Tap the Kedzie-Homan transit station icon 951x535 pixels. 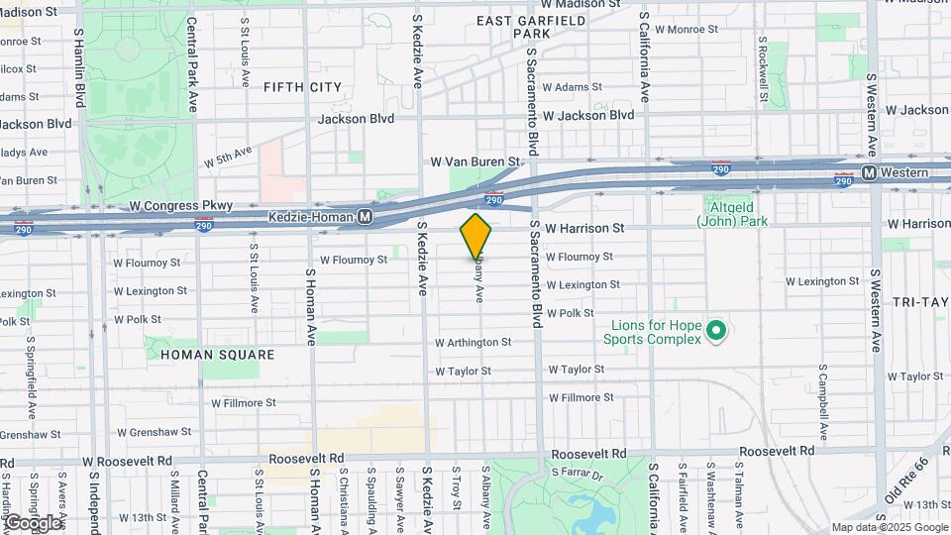coord(366,216)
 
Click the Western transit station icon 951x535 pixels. coord(869,173)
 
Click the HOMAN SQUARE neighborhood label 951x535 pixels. coord(203,354)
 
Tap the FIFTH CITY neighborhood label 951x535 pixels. coord(302,87)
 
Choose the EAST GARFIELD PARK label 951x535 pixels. coord(531,27)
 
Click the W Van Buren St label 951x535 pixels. coord(475,160)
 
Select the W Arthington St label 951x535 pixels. coord(473,343)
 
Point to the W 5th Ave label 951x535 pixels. coord(229,156)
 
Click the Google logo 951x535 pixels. coord(32,522)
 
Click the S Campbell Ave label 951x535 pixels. coord(822,406)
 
